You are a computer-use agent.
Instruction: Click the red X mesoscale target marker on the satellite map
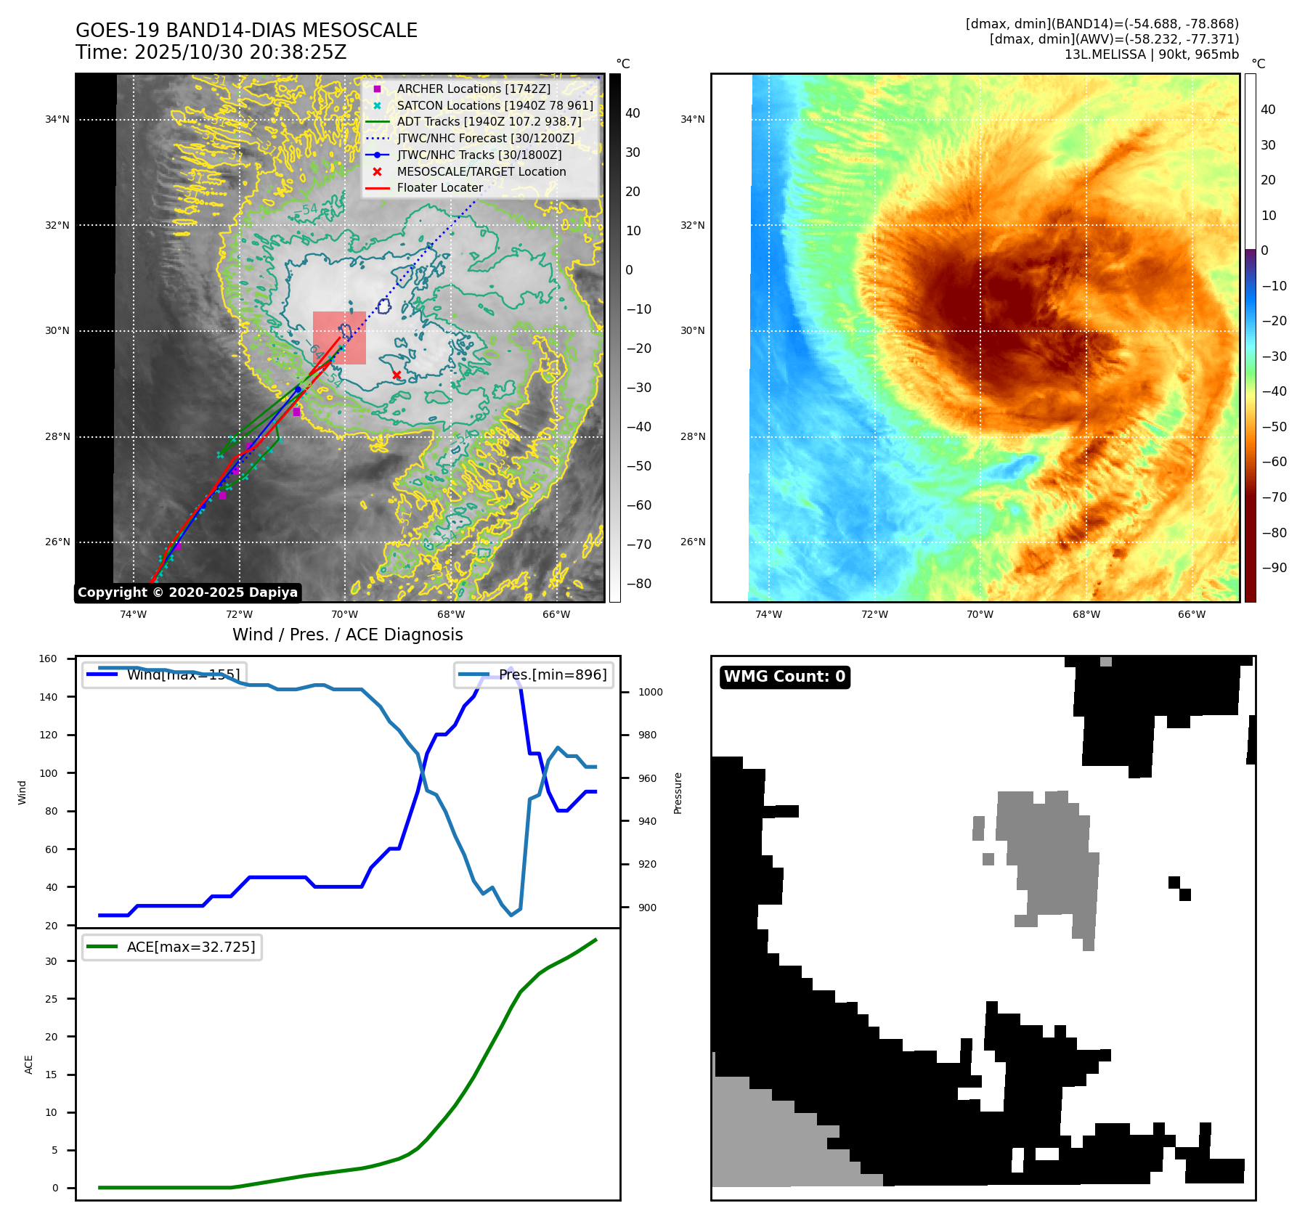397,375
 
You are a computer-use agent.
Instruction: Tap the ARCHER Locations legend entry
473,89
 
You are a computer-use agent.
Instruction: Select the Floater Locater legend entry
439,187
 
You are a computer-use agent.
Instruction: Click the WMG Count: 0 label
784,677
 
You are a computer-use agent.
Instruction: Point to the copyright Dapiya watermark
187,592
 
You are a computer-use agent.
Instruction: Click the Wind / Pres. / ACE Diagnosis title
347,635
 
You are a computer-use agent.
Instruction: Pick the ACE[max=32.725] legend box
172,947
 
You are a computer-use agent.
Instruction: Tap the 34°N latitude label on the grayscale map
57,119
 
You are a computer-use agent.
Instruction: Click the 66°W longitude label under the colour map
1191,614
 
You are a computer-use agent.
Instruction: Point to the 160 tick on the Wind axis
48,659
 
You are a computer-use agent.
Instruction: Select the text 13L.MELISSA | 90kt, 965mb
1151,54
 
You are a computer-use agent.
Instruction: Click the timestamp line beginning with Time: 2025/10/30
211,52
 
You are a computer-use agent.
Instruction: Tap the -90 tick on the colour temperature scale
1274,568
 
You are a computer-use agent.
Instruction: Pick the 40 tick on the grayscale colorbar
633,113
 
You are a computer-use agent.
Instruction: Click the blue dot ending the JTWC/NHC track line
298,389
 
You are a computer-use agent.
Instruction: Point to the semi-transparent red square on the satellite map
339,338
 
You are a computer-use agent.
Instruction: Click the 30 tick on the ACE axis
51,961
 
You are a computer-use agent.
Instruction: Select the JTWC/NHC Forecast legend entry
485,138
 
